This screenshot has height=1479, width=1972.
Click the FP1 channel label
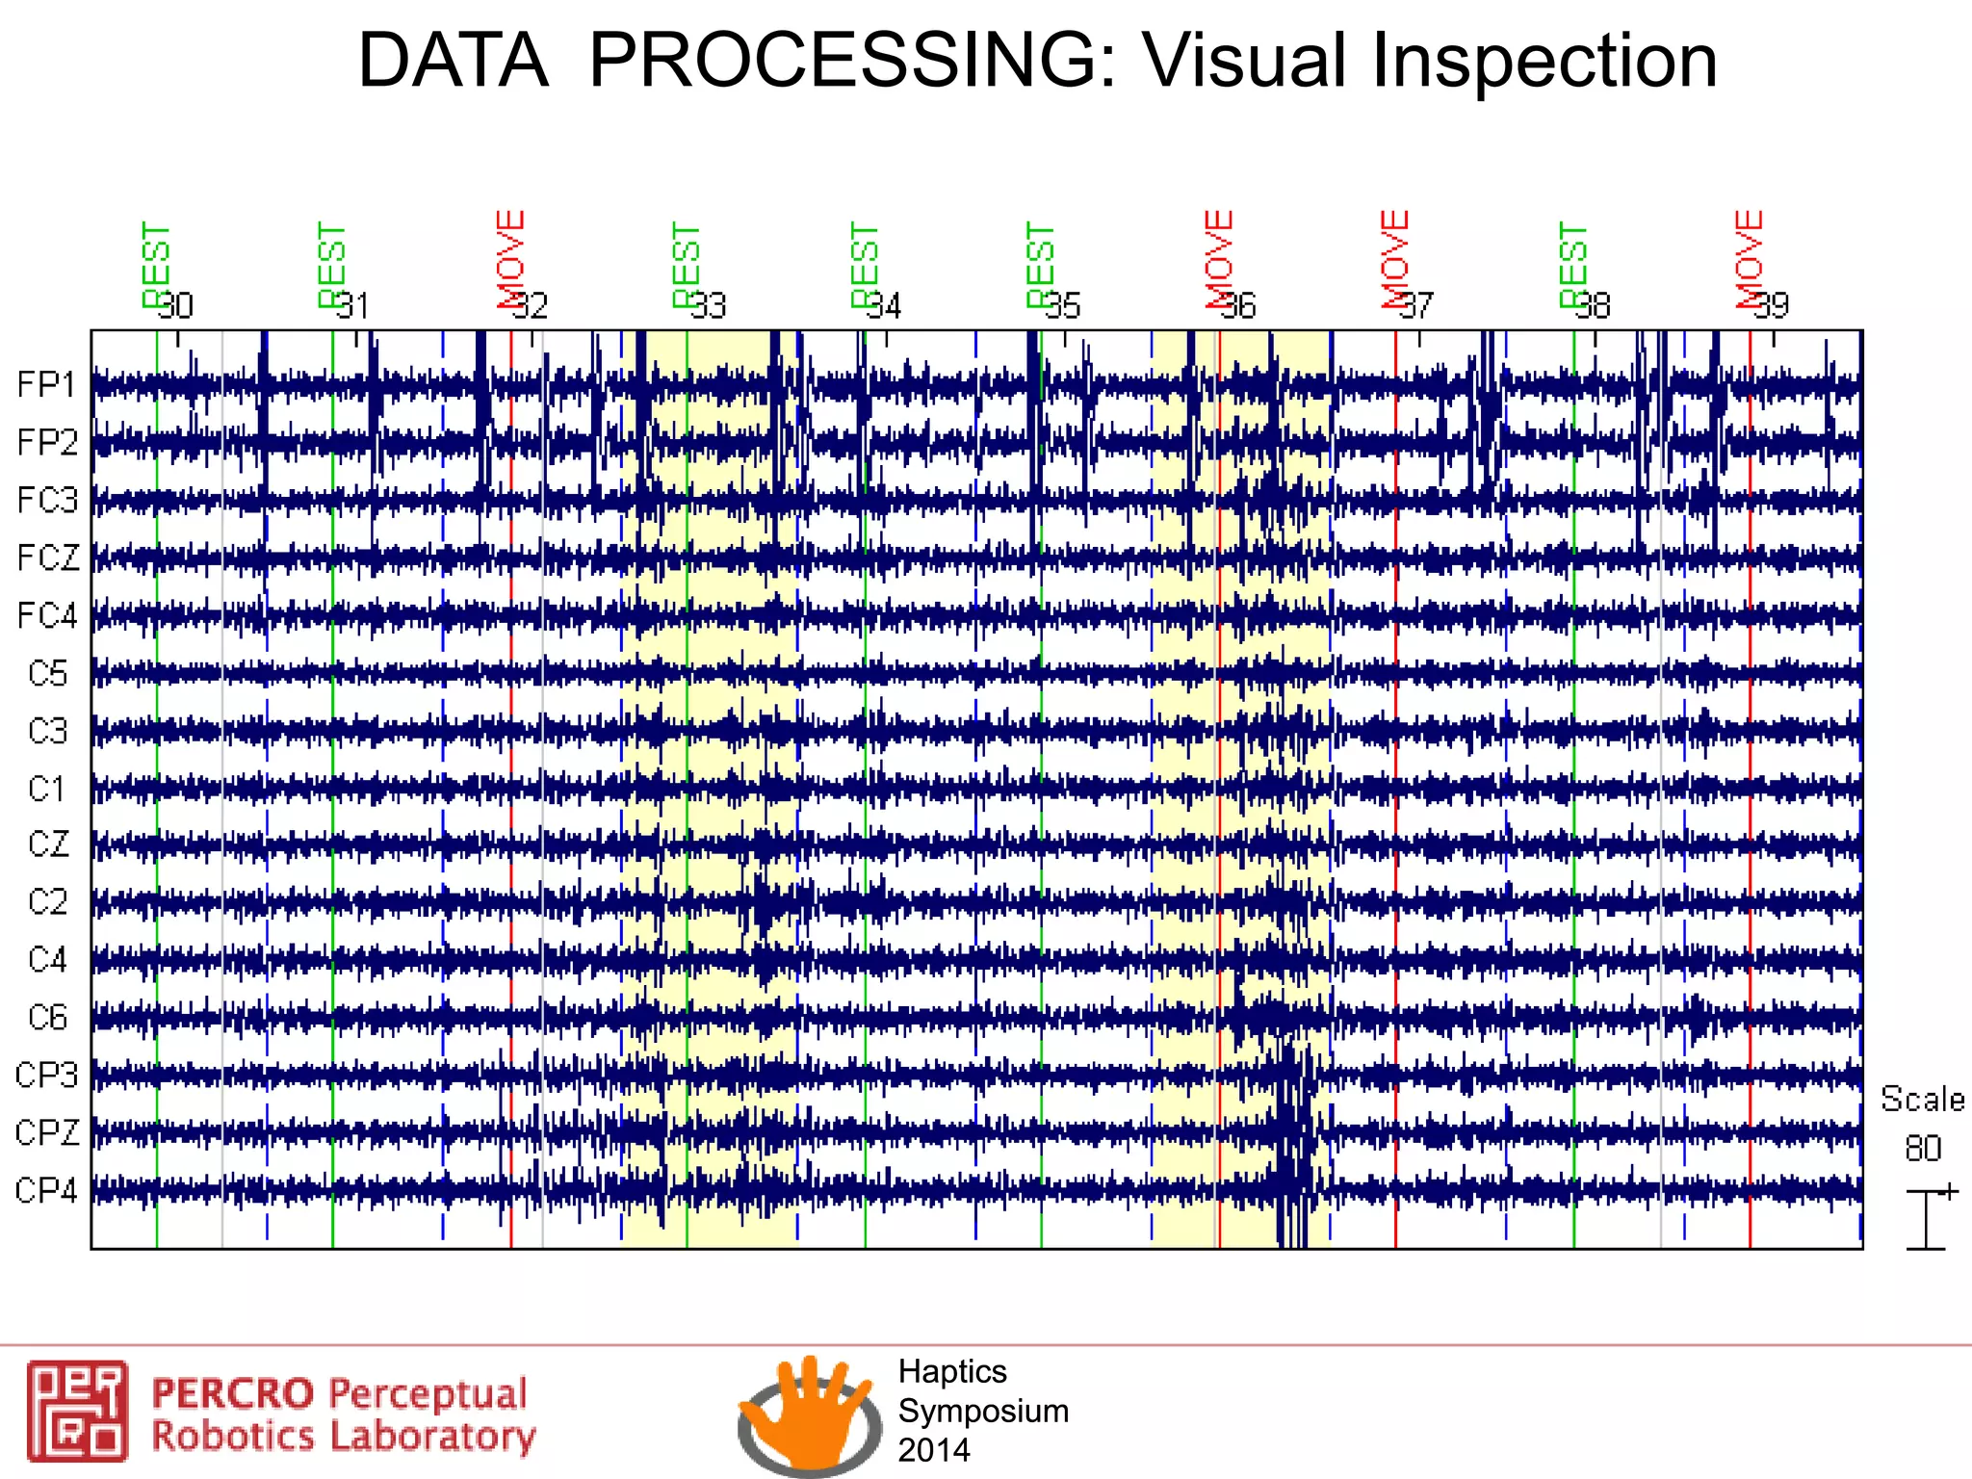(46, 385)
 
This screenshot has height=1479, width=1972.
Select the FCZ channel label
(48, 558)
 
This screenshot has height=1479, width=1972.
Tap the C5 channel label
(48, 673)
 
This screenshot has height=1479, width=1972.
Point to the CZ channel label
(48, 844)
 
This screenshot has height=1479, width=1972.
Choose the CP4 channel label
(46, 1191)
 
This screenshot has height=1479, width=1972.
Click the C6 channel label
(48, 1018)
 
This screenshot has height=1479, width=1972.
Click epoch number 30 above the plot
(176, 306)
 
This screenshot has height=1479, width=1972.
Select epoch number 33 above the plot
(708, 306)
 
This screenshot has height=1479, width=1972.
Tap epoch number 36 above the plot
(1239, 306)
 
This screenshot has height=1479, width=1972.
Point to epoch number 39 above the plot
(1771, 306)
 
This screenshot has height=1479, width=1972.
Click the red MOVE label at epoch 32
(511, 258)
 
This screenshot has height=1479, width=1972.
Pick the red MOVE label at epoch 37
(1395, 258)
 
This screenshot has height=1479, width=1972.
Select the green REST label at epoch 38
(1572, 265)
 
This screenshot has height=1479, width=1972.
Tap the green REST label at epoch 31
(331, 265)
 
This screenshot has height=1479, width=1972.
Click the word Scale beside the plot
(1922, 1100)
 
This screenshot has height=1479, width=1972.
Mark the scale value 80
(1922, 1149)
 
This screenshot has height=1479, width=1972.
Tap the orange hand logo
(809, 1410)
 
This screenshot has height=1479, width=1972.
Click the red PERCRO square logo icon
(77, 1411)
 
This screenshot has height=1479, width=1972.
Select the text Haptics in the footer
(951, 1371)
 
